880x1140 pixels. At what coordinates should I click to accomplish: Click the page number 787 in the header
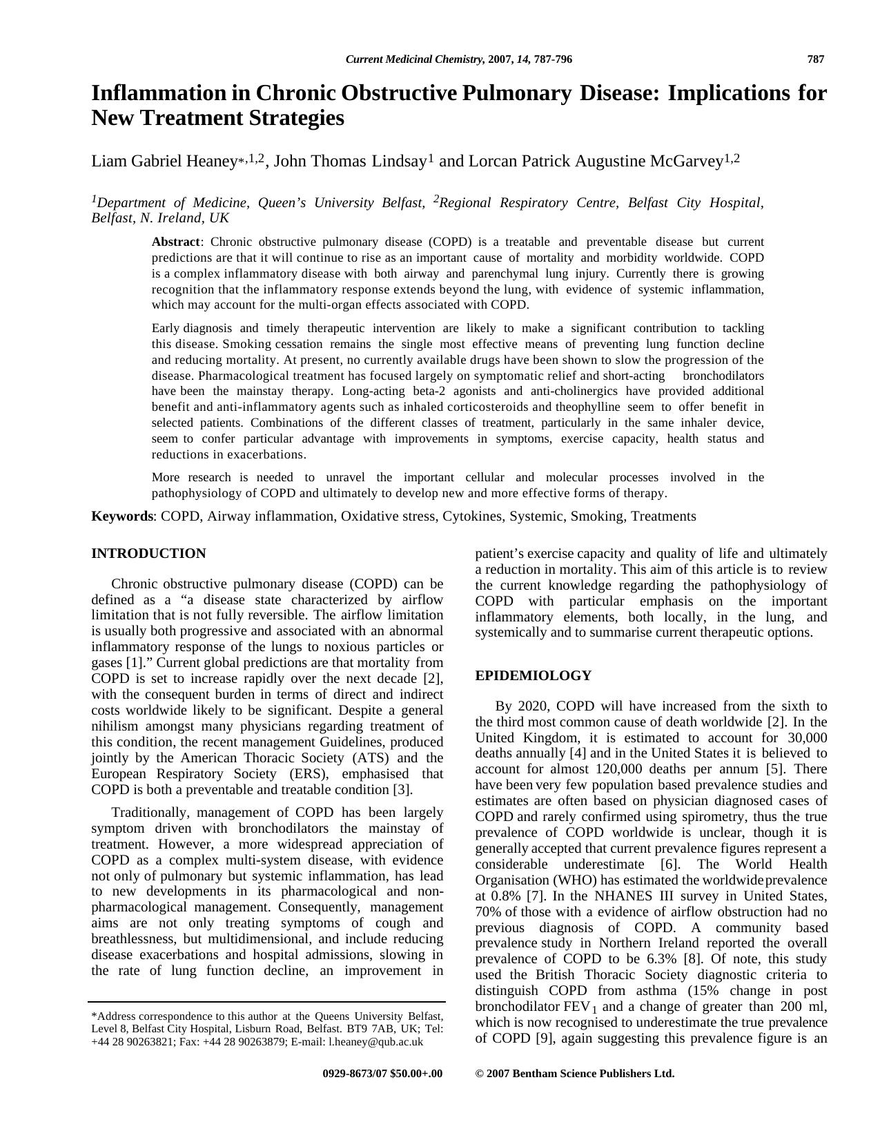click(x=815, y=59)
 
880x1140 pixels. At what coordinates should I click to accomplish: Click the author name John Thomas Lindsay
click(x=350, y=162)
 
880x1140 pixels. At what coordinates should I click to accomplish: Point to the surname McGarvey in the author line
click(x=685, y=162)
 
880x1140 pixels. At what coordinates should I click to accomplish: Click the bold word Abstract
click(x=175, y=242)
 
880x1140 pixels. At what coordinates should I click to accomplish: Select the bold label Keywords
click(x=122, y=516)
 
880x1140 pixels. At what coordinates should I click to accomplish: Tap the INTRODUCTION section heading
click(x=148, y=554)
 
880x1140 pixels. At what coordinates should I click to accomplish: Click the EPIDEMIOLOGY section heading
click(x=533, y=676)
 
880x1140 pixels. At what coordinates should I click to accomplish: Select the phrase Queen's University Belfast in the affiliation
click(x=369, y=203)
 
